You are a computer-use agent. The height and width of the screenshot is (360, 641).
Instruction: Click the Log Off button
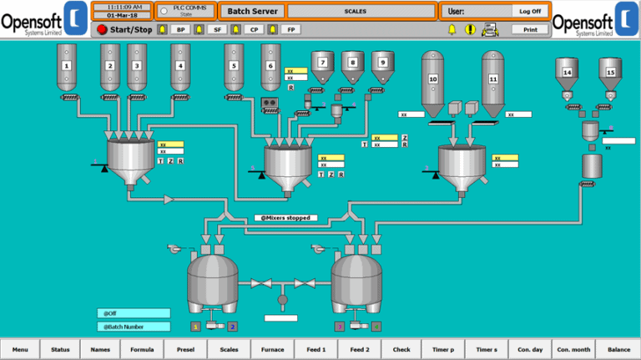pos(530,12)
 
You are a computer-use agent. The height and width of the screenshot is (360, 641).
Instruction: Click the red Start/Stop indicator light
pos(102,29)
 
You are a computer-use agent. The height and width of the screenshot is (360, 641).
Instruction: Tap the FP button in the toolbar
pos(290,29)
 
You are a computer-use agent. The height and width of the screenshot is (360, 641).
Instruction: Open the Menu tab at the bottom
pos(20,349)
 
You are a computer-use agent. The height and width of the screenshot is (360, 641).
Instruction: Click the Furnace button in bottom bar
pos(271,349)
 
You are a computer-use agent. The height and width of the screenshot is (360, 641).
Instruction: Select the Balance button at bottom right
pos(618,349)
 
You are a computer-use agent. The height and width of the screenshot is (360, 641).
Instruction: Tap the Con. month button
pos(573,349)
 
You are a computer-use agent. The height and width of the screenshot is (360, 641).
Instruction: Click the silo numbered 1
pos(67,66)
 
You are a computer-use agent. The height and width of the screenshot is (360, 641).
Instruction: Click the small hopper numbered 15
pos(610,74)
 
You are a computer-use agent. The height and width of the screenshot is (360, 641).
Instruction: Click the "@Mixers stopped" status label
pos(285,218)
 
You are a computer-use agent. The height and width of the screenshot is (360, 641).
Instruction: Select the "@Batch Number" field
pos(133,327)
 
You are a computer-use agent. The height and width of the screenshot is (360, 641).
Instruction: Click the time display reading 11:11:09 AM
pos(122,7)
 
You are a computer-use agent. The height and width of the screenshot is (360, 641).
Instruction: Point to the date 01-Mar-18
pos(122,16)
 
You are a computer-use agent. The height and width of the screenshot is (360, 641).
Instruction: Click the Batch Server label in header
pos(252,12)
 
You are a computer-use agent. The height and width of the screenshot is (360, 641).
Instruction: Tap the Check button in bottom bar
pos(401,349)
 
